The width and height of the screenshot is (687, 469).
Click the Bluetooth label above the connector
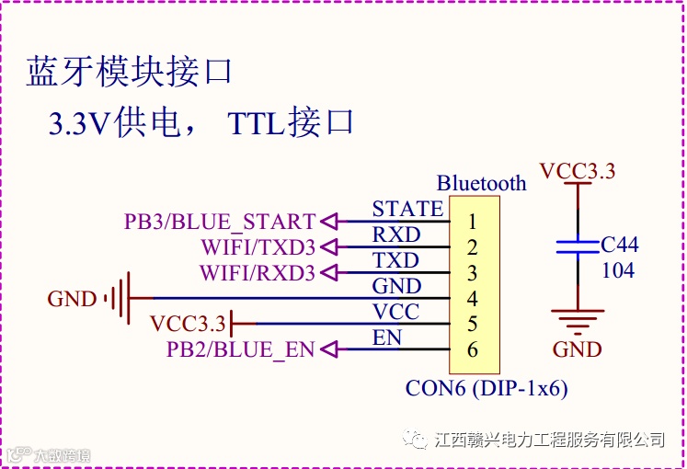[481, 183]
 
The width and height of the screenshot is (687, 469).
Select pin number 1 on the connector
[472, 222]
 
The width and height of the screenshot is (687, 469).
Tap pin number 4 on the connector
[472, 299]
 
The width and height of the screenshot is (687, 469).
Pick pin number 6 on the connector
[472, 350]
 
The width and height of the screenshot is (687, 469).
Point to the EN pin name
[386, 338]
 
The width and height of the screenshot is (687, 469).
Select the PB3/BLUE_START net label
[220, 222]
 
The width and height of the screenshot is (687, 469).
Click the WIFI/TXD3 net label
[258, 247]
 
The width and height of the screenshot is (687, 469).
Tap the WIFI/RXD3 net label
[258, 273]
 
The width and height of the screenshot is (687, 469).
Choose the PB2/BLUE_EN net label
[240, 349]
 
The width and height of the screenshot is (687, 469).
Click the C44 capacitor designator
[619, 245]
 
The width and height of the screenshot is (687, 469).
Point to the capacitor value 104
[617, 270]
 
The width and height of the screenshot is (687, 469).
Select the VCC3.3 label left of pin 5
[188, 324]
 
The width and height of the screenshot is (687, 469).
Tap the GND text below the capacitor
[577, 349]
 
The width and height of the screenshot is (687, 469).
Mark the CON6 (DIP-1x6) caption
[487, 388]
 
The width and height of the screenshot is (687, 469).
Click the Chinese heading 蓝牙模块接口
[128, 72]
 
